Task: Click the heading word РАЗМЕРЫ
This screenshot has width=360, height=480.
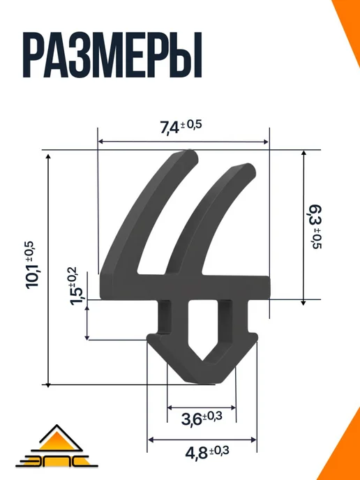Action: tap(112, 55)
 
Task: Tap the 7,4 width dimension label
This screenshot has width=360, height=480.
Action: tap(181, 127)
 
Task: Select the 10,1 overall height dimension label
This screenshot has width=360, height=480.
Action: tap(33, 264)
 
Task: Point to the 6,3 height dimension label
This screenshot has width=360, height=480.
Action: tap(315, 227)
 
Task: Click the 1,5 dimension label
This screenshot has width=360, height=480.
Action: tap(73, 285)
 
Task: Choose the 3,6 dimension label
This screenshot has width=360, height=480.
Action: tap(202, 419)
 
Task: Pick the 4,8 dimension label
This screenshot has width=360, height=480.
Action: tap(207, 453)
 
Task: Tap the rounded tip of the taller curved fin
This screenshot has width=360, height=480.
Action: tap(191, 155)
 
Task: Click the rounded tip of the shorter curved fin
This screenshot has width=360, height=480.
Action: tap(249, 170)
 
